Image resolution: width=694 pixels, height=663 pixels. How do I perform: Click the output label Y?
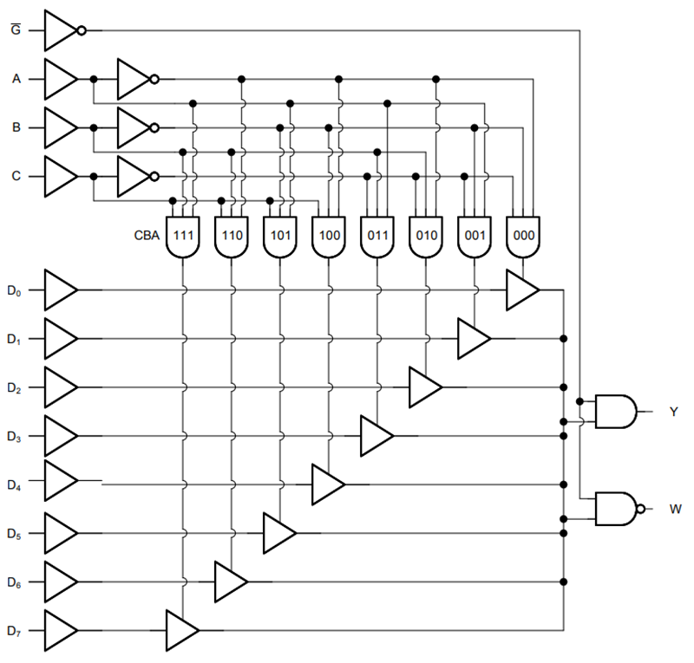(x=673, y=413)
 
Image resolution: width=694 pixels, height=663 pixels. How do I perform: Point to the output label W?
(x=674, y=509)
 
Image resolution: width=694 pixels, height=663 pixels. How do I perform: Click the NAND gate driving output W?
(x=617, y=509)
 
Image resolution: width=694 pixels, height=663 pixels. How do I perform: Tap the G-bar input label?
(x=15, y=29)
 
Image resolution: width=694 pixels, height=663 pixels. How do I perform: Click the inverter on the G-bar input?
(x=62, y=30)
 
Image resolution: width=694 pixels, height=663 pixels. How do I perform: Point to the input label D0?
(x=14, y=291)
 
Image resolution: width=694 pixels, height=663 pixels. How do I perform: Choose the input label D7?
(x=14, y=630)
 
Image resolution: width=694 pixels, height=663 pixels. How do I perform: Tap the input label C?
(x=15, y=176)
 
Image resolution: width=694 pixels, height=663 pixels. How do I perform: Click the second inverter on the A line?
(x=136, y=79)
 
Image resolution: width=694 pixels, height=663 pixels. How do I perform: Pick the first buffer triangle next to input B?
(x=59, y=127)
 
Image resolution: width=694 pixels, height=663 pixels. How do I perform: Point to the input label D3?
(x=14, y=437)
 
